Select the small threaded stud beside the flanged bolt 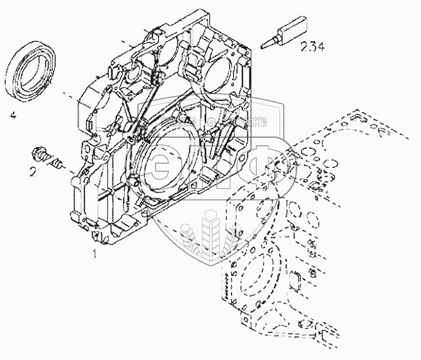[x=58, y=164]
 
